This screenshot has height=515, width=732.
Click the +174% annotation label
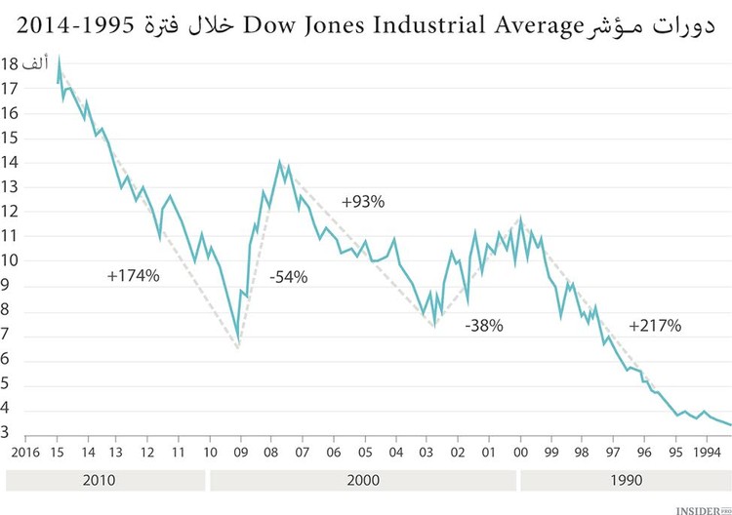133,276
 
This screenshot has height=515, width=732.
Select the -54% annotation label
288,277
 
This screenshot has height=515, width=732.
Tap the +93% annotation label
363,202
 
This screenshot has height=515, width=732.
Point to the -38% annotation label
484,326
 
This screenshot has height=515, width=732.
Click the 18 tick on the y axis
11,64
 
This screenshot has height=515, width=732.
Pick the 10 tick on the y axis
11,261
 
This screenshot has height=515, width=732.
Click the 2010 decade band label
104,481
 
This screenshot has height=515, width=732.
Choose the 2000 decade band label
363,481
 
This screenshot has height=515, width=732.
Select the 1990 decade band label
625,481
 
